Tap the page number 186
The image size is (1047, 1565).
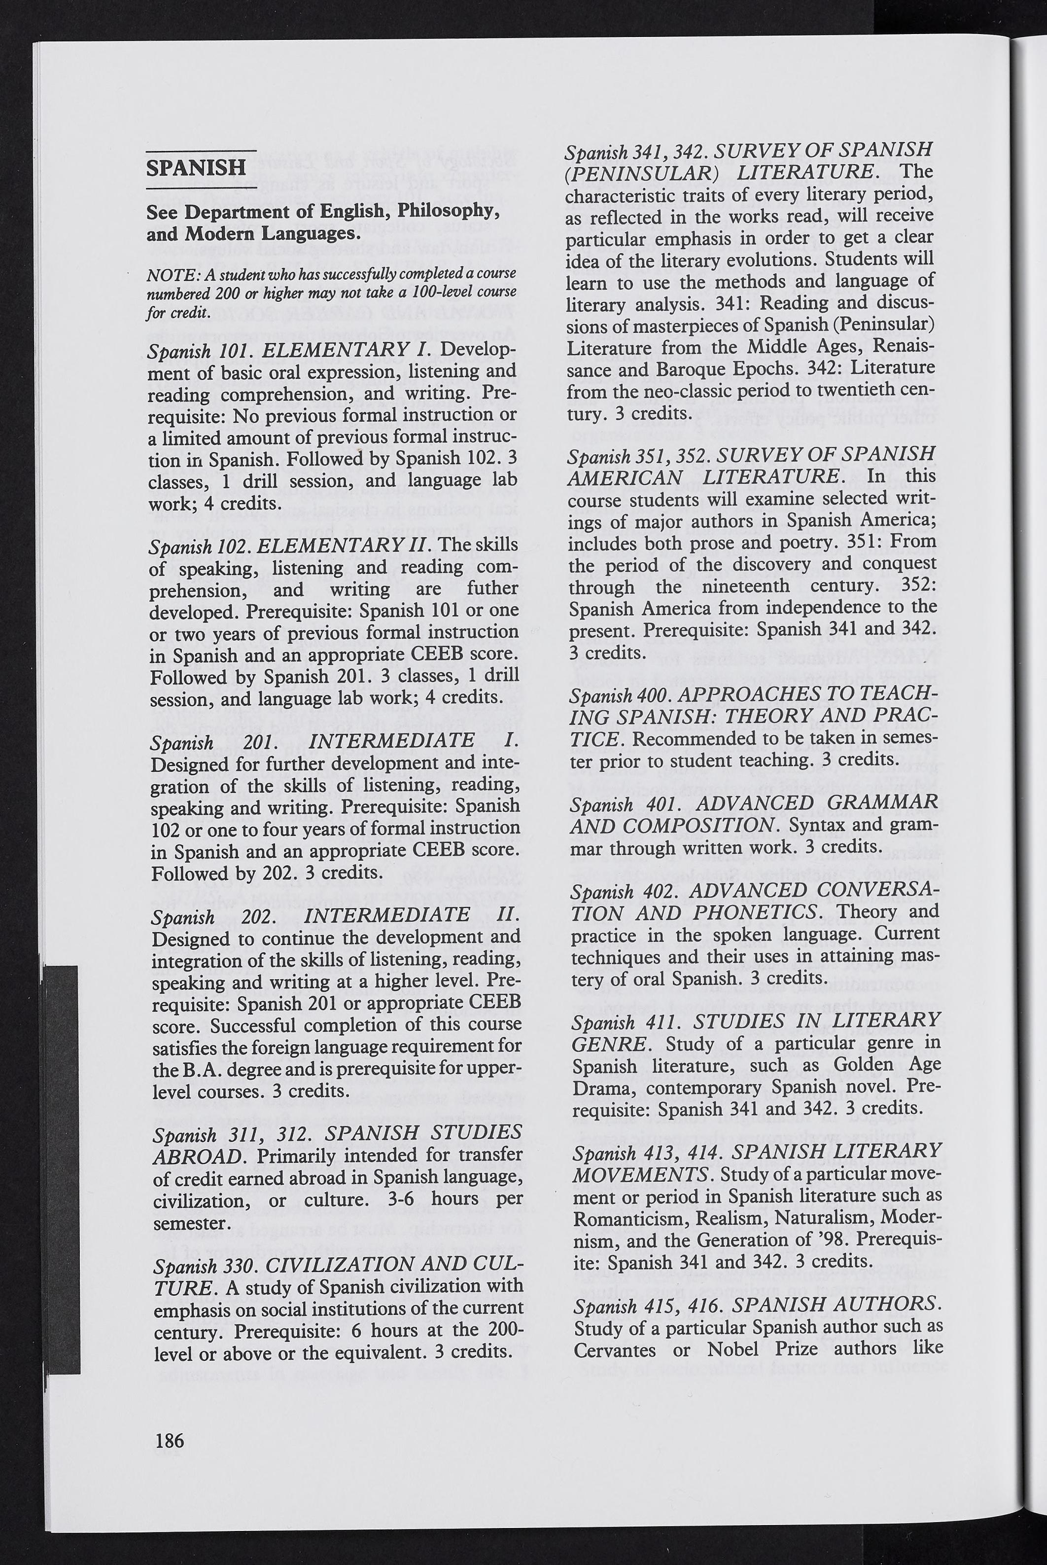click(169, 1440)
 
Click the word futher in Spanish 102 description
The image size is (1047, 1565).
click(493, 589)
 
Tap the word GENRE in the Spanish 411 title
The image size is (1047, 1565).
click(609, 1043)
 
